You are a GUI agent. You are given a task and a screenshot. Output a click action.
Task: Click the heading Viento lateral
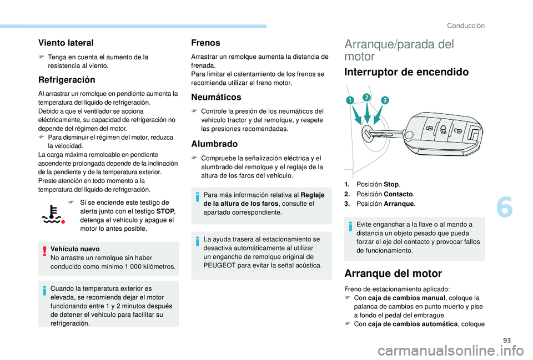click(66, 42)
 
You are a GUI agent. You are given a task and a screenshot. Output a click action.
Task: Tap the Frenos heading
click(205, 42)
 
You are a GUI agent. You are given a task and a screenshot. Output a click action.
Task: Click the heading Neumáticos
click(215, 97)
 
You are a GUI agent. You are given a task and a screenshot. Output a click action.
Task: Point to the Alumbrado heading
click(214, 143)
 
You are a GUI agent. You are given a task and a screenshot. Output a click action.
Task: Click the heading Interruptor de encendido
click(406, 72)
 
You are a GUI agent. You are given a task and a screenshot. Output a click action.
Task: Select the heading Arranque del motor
click(393, 273)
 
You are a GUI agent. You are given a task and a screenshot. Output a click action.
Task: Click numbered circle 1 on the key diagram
click(351, 100)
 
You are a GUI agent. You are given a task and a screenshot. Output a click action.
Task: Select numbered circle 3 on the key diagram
click(384, 100)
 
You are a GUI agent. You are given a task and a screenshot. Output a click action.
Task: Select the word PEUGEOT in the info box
click(222, 265)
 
